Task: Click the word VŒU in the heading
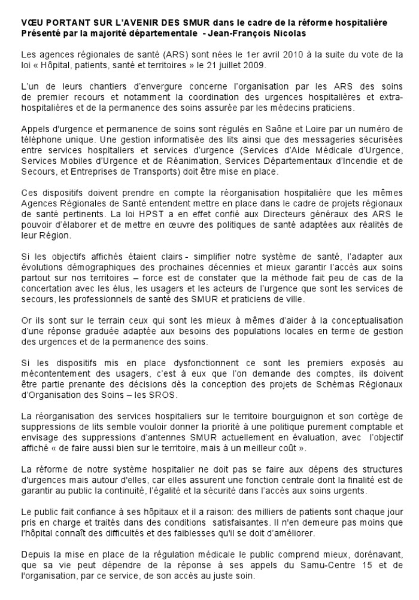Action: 31,22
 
